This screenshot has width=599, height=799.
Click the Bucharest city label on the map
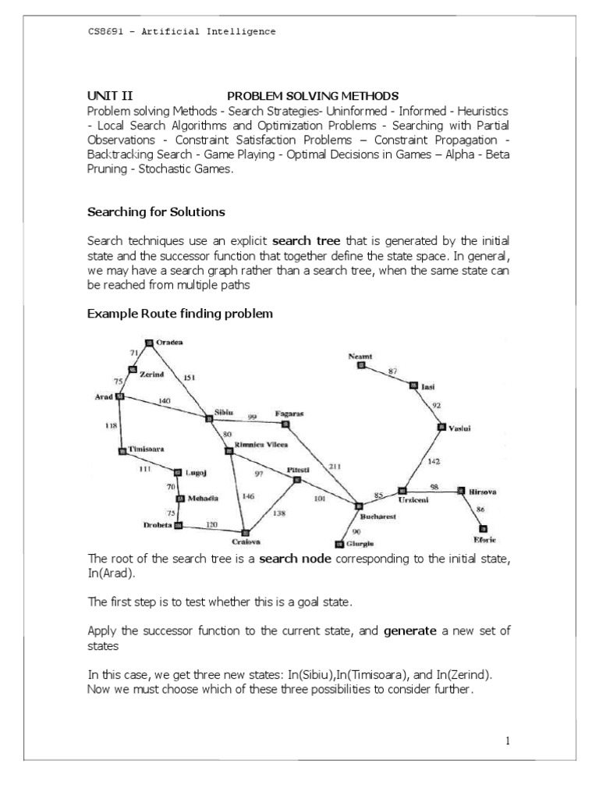(x=378, y=516)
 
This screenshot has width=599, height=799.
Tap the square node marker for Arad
(x=119, y=396)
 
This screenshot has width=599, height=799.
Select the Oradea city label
(x=170, y=342)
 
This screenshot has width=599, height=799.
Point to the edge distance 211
(x=335, y=466)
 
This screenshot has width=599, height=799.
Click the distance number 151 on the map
(x=190, y=378)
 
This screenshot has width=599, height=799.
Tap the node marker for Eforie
(x=483, y=527)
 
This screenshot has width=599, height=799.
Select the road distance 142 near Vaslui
(x=434, y=462)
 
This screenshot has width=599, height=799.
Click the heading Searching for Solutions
(x=157, y=211)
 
